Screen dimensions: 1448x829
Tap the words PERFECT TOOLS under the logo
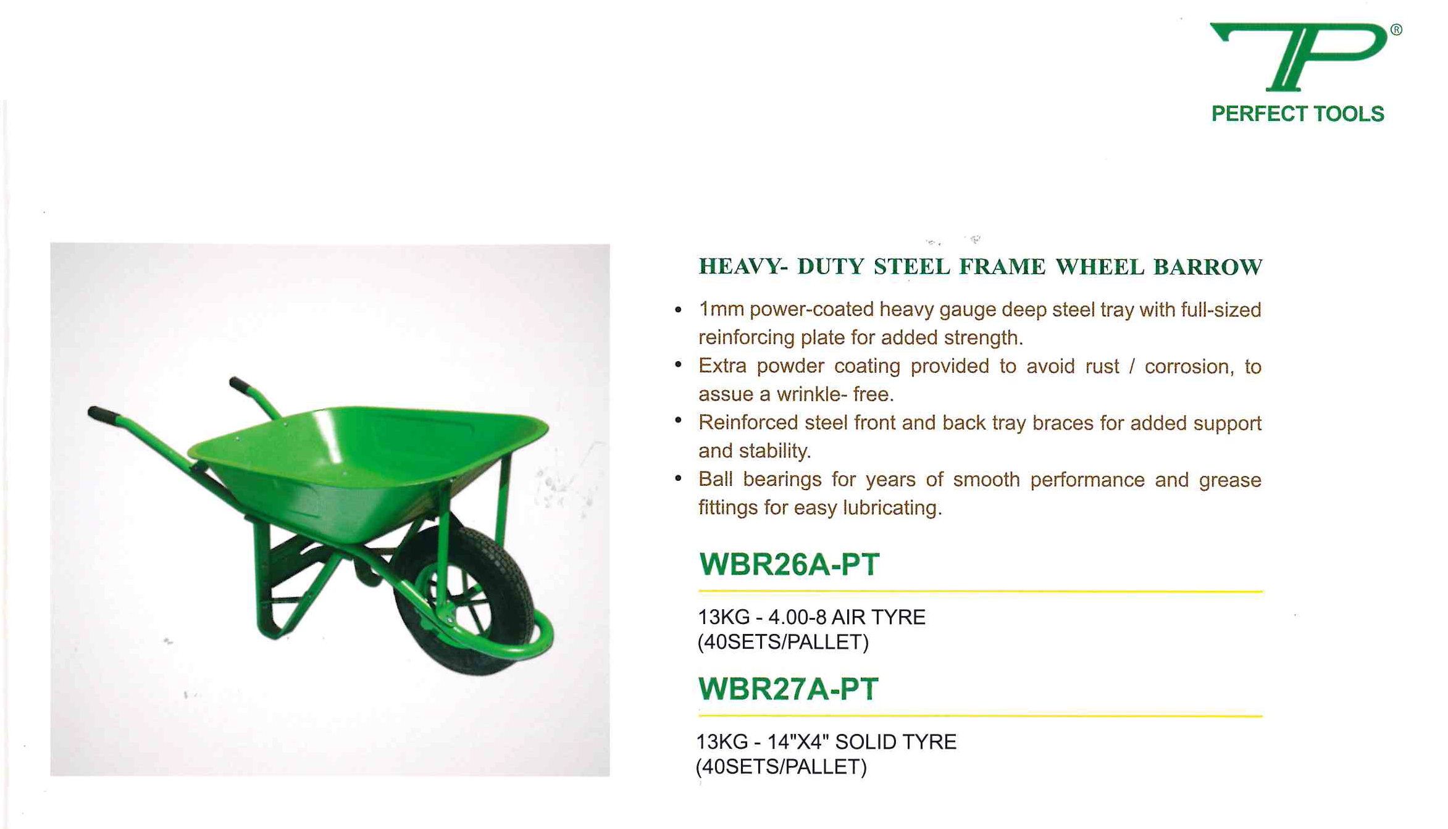click(1297, 114)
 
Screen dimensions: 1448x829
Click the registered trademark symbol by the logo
click(1396, 30)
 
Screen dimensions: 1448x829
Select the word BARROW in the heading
click(1208, 267)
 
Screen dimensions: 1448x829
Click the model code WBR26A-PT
click(789, 564)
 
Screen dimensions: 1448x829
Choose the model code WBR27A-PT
click(788, 689)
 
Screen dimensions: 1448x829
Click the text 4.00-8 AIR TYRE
click(847, 617)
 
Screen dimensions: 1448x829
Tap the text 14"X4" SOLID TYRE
click(862, 742)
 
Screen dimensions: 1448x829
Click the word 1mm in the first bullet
click(721, 309)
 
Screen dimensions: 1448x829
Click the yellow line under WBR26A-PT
click(981, 591)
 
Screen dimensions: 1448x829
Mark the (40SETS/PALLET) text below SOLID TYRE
click(781, 767)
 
